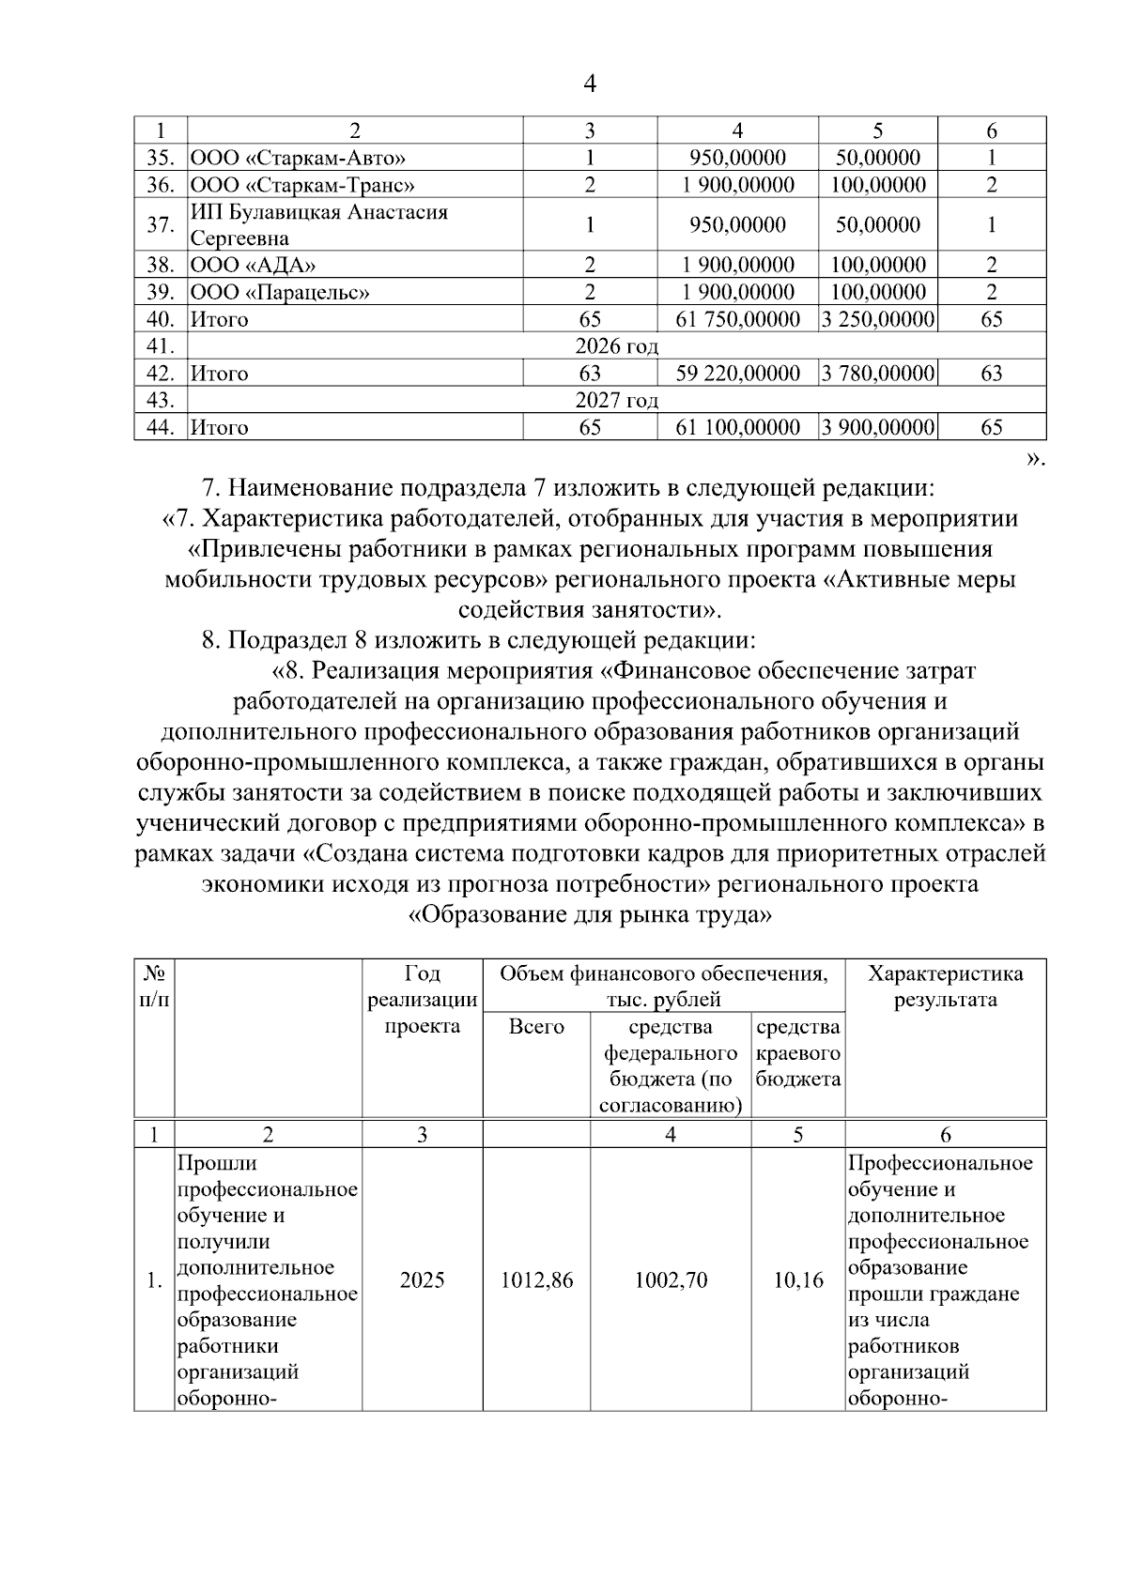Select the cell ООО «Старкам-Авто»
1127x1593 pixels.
299,158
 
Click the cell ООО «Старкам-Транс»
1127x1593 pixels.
302,185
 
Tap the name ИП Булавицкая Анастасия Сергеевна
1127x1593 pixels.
319,225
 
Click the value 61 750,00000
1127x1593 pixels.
738,320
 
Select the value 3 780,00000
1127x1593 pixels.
878,374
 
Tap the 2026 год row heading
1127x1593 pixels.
616,346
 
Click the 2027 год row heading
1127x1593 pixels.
616,401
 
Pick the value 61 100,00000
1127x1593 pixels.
738,428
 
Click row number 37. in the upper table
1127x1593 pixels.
161,225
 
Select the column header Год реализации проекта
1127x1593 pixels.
423,1000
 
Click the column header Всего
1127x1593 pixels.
536,1027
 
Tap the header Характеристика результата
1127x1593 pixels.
945,987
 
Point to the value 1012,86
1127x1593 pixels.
536,1279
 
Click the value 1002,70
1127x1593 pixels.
671,1279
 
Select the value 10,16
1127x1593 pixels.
797,1279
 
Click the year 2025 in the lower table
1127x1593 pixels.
423,1279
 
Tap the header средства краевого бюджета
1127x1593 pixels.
797,1053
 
